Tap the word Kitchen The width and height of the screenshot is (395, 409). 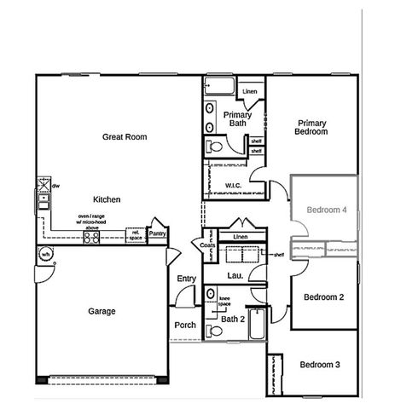(107, 199)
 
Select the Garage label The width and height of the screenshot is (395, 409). (102, 311)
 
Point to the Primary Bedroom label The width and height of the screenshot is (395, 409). (311, 127)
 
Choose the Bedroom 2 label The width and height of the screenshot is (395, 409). (324, 297)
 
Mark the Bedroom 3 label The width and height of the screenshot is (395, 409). (320, 365)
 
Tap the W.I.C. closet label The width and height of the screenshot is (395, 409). (235, 185)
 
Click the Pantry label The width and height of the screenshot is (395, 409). (157, 233)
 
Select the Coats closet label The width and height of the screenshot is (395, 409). (208, 245)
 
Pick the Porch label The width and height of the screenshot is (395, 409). (185, 325)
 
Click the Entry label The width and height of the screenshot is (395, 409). (187, 279)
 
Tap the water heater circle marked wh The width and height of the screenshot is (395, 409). (47, 254)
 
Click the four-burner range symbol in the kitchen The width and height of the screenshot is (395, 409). (91, 238)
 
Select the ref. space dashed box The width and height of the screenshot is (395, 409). (136, 234)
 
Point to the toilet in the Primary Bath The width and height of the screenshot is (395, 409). (215, 147)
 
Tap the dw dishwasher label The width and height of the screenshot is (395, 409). (55, 185)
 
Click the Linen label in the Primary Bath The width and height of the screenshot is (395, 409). (250, 91)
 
